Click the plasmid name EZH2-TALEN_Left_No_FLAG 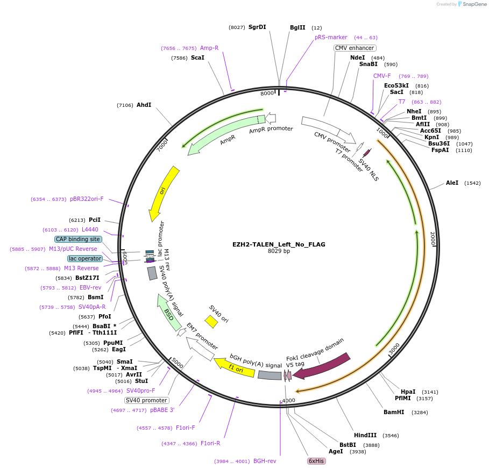click(x=279, y=244)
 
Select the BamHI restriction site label click(x=394, y=413)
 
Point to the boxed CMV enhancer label click(x=355, y=48)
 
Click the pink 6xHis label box click(x=316, y=461)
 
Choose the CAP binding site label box click(x=77, y=239)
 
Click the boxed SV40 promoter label click(x=146, y=400)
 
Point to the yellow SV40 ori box click(x=211, y=321)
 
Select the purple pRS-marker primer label click(x=331, y=38)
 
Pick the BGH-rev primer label click(x=265, y=461)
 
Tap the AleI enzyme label click(x=452, y=183)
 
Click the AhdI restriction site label click(x=144, y=105)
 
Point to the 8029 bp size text click(x=279, y=251)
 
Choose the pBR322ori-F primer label click(x=87, y=199)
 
